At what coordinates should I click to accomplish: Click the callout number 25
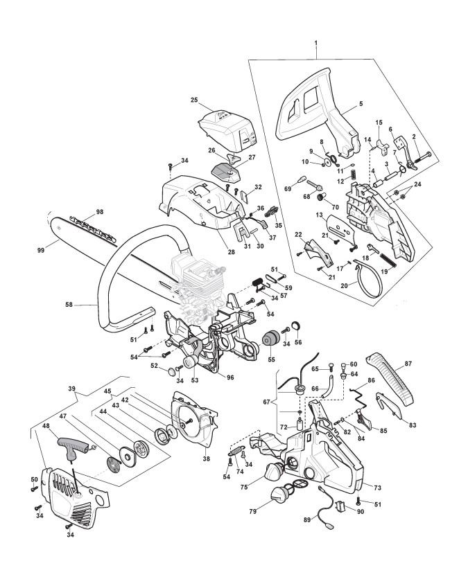coord(194,100)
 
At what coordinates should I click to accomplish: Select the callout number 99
coord(42,250)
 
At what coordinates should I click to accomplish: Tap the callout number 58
coord(69,305)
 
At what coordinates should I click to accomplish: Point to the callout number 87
coord(408,364)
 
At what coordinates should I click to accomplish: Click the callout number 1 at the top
coord(316,43)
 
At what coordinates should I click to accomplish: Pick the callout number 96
coord(230,377)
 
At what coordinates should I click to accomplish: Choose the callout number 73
coord(377,488)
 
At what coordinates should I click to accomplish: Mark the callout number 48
coord(46,425)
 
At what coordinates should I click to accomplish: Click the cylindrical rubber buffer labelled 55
coord(270,339)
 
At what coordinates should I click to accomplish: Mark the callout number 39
coord(71,389)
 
